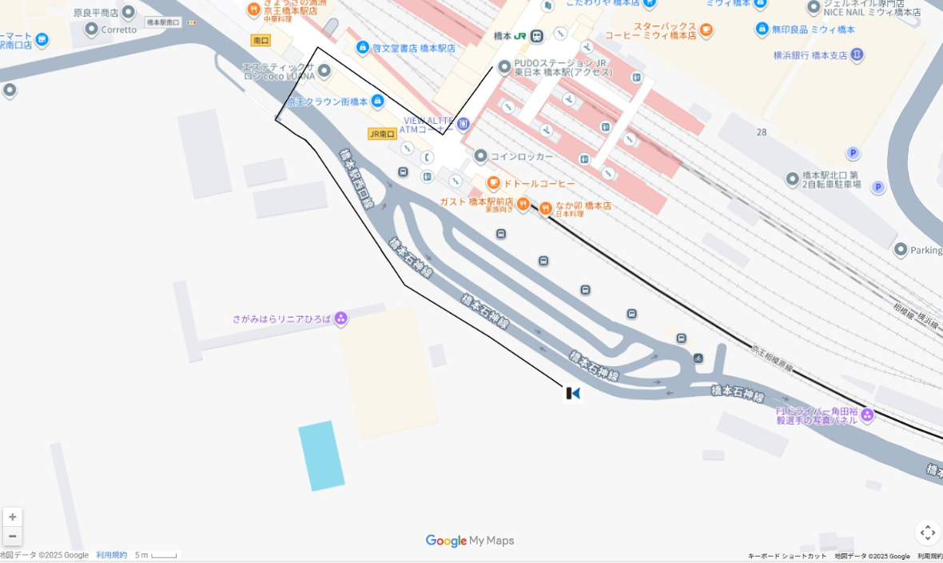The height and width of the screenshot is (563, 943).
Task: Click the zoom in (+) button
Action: click(x=13, y=517)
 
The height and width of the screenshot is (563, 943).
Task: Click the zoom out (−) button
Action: click(x=13, y=536)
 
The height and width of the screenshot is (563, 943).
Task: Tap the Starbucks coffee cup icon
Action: click(x=706, y=30)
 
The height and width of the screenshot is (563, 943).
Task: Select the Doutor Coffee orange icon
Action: click(x=493, y=183)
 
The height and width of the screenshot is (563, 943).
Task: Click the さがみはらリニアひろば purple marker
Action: click(x=341, y=319)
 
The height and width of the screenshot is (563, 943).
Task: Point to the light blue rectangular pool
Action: click(x=321, y=455)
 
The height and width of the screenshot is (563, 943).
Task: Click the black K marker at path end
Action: click(x=573, y=393)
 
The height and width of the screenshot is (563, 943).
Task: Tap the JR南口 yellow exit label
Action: click(x=382, y=134)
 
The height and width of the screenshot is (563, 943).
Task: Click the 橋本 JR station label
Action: click(x=519, y=36)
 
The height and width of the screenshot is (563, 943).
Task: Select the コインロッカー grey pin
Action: click(x=480, y=156)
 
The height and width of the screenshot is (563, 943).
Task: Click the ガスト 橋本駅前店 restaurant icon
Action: click(x=523, y=203)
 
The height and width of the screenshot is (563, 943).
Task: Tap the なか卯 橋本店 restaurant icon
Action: click(x=546, y=209)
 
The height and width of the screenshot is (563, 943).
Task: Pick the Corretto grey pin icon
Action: click(x=91, y=30)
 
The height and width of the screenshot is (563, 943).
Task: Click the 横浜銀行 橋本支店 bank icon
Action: click(x=857, y=55)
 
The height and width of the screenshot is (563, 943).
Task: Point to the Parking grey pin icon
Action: click(x=901, y=250)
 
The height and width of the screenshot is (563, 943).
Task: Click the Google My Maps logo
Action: click(x=470, y=541)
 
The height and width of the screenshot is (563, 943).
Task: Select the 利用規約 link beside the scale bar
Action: click(x=111, y=555)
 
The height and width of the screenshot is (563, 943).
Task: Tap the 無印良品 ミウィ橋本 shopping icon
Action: click(x=762, y=30)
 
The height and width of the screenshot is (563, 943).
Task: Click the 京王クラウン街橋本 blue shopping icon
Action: click(x=377, y=102)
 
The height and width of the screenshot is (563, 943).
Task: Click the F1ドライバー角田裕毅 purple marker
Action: click(x=867, y=414)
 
